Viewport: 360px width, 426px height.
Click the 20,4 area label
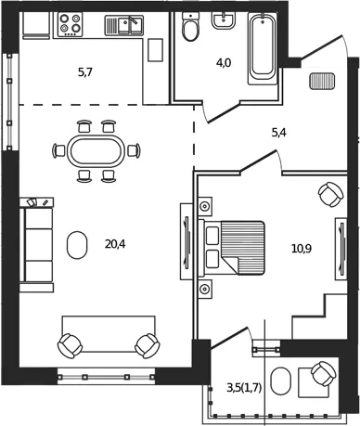(x=115, y=244)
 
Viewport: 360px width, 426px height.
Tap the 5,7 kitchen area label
(x=85, y=72)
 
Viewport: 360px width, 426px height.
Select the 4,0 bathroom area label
(x=224, y=63)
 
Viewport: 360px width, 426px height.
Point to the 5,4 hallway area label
(x=278, y=133)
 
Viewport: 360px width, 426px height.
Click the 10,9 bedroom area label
(x=302, y=248)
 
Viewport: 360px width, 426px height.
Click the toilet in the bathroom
(x=189, y=27)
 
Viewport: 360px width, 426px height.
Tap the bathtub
(x=263, y=48)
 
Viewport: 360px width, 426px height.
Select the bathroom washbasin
(x=224, y=20)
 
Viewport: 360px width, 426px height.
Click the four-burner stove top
(x=71, y=25)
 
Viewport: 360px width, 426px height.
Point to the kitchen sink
(x=124, y=25)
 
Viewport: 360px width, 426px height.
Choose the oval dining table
(x=96, y=151)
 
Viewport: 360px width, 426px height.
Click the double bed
(x=231, y=248)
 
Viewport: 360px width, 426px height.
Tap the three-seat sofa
(x=36, y=245)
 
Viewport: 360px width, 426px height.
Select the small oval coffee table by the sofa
(x=77, y=245)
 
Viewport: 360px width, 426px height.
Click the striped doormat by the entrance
(x=322, y=81)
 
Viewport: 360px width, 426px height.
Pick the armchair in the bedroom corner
(x=330, y=194)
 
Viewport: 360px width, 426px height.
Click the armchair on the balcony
(x=324, y=374)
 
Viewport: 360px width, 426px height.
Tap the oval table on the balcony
(x=281, y=381)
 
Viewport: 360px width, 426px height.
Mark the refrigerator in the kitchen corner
(x=36, y=26)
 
